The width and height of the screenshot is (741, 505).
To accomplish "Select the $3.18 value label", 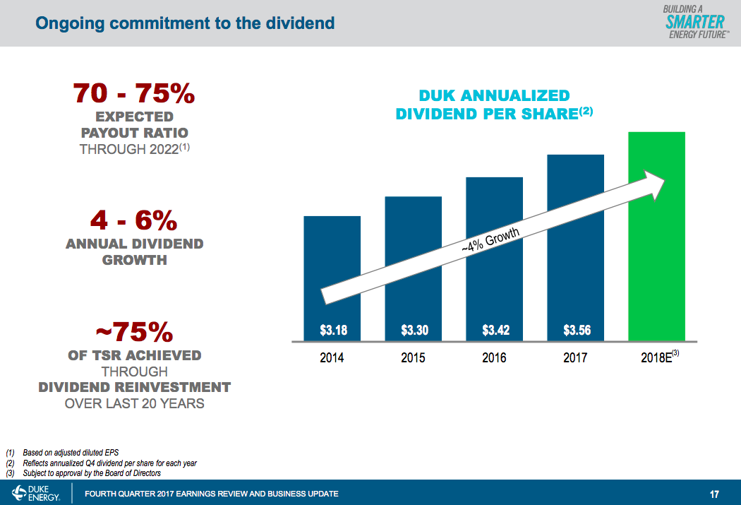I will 332,329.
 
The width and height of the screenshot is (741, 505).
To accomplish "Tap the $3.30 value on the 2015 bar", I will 413,329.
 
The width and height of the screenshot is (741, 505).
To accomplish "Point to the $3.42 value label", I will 495,329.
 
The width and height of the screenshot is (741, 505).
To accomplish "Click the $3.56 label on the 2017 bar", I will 576,329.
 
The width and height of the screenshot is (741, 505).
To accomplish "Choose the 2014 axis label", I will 332,358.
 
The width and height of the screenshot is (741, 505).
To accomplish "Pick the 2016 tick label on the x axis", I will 495,358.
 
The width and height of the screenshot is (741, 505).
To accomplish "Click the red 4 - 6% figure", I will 134,221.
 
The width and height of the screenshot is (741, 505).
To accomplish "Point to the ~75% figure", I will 134,332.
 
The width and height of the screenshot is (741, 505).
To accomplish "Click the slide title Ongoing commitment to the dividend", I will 185,23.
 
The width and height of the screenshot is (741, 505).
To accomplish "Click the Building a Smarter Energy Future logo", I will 694,23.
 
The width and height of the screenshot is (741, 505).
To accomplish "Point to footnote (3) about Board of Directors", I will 85,473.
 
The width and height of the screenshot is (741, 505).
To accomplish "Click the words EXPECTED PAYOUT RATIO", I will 134,124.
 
